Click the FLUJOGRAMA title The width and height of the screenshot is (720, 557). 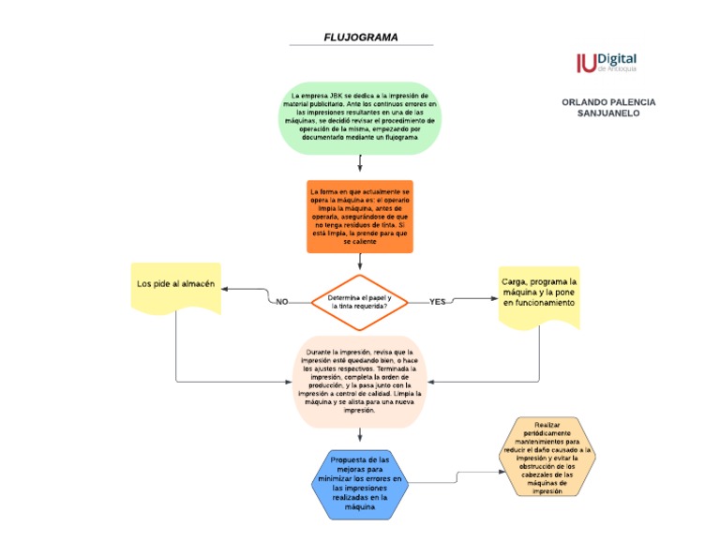pyautogui.click(x=360, y=38)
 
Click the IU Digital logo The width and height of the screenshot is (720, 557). pyautogui.click(x=606, y=63)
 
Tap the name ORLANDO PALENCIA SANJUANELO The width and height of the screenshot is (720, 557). pyautogui.click(x=608, y=106)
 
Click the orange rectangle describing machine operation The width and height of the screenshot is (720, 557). pyautogui.click(x=360, y=217)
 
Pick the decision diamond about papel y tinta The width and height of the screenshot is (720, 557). pyautogui.click(x=360, y=301)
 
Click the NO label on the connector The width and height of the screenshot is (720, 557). pyautogui.click(x=281, y=302)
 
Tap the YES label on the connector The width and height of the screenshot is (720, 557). pyautogui.click(x=438, y=302)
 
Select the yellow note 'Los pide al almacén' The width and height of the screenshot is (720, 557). pyautogui.click(x=176, y=288)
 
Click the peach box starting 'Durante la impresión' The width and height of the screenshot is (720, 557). pyautogui.click(x=360, y=382)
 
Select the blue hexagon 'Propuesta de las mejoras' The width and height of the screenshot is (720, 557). pyautogui.click(x=360, y=484)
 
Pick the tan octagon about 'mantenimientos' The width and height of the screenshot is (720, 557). pyautogui.click(x=547, y=457)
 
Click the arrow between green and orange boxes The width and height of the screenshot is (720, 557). pyautogui.click(x=360, y=165)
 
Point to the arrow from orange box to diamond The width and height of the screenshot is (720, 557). pyautogui.click(x=360, y=263)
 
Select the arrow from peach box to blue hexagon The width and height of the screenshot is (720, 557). pyautogui.click(x=360, y=436)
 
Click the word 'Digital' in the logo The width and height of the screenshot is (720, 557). pyautogui.click(x=617, y=58)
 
